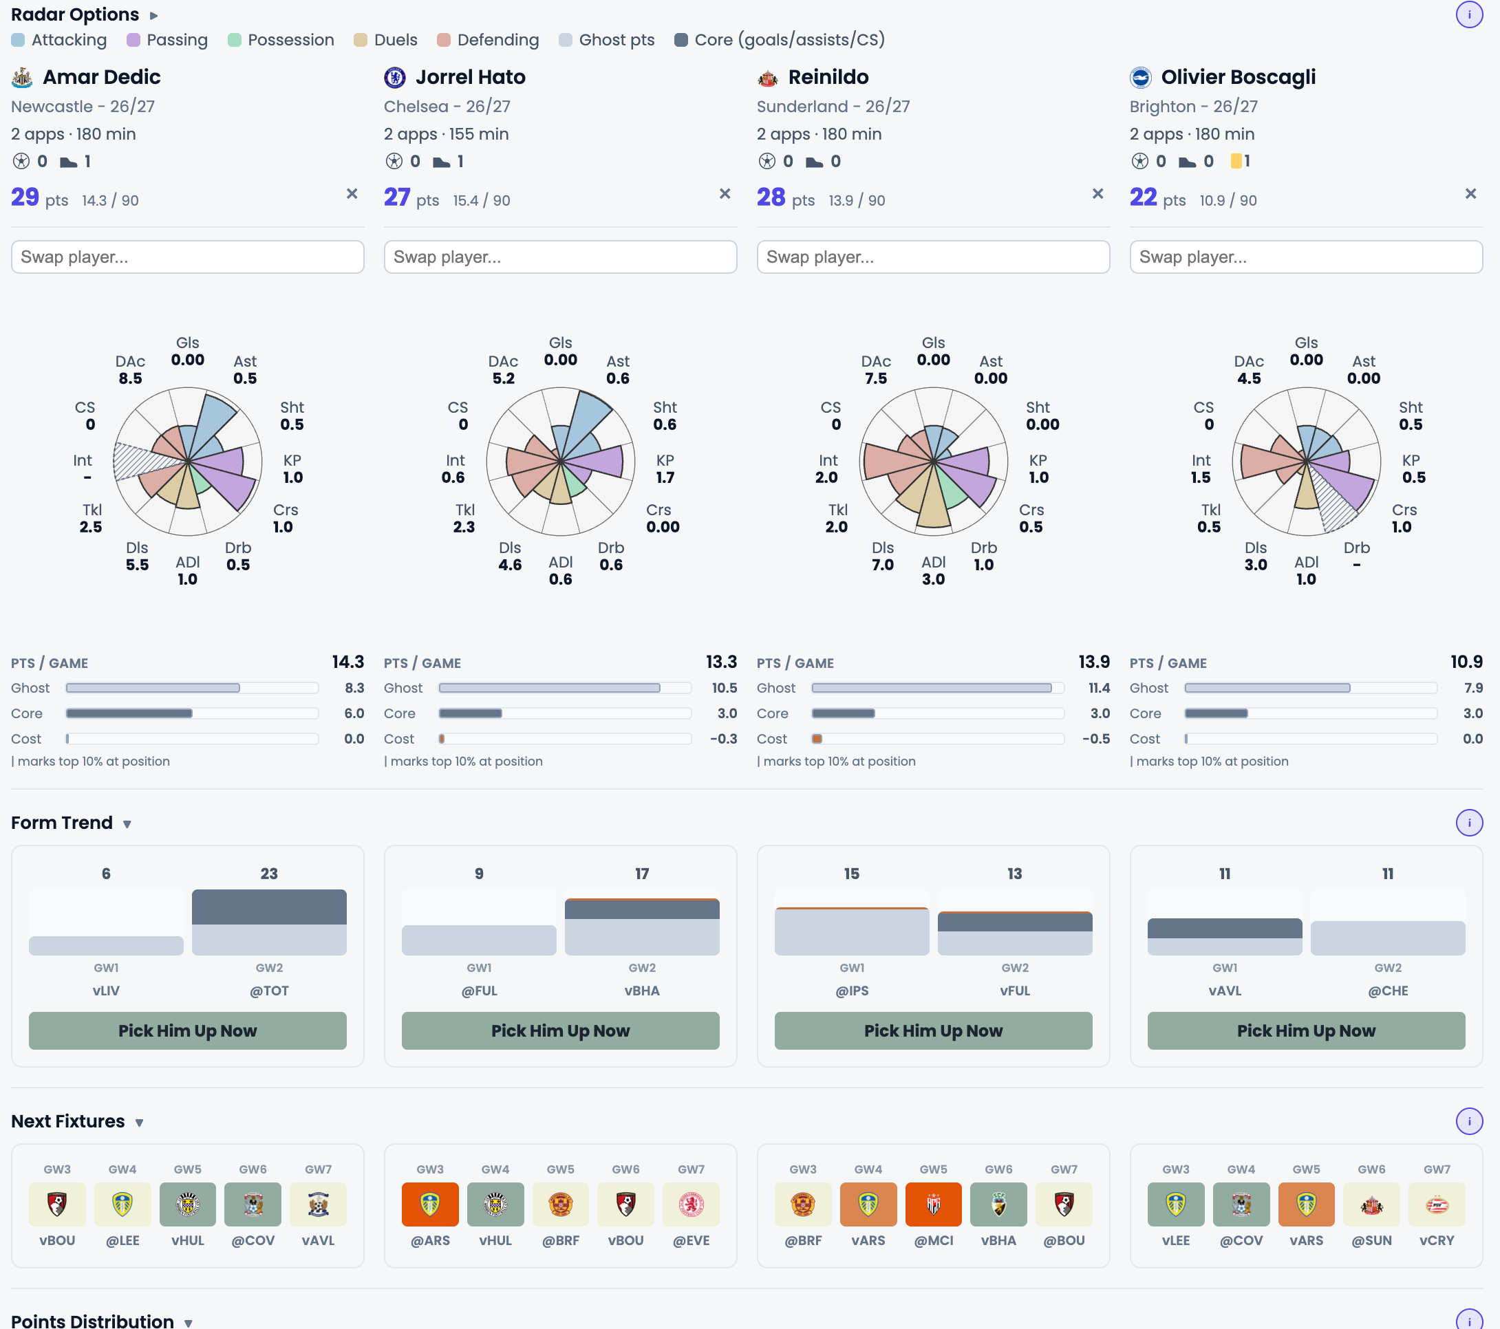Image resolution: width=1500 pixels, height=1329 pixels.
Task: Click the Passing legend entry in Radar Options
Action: coord(167,40)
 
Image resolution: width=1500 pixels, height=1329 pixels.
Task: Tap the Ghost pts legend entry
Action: coord(607,40)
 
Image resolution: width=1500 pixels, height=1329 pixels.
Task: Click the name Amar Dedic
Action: coord(101,77)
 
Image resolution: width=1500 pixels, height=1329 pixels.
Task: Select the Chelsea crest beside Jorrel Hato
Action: coord(395,77)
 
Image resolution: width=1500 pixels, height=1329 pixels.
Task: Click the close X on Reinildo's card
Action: coord(1098,194)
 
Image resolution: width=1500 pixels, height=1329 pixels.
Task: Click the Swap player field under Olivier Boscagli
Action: coord(1306,257)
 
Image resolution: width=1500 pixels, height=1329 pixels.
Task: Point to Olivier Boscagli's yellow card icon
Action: coord(1236,161)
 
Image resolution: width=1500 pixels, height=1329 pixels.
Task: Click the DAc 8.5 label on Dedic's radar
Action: coord(131,370)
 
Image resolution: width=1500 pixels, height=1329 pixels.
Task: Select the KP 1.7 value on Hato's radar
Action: coord(665,469)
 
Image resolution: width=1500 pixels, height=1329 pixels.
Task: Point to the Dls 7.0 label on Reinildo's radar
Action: coord(883,557)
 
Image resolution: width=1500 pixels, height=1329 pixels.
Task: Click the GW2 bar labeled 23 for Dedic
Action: coord(269,922)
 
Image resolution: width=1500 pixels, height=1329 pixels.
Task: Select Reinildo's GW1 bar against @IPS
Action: coord(852,931)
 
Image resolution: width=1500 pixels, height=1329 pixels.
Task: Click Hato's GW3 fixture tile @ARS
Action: coord(430,1204)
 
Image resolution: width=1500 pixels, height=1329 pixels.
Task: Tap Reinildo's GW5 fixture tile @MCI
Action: coord(934,1204)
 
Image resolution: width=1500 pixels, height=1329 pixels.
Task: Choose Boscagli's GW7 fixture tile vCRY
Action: coord(1437,1204)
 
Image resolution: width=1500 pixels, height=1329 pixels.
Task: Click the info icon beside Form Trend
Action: coord(1469,823)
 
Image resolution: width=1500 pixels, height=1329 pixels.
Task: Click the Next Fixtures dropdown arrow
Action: coord(140,1123)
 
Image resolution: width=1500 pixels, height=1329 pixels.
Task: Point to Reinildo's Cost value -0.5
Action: coord(1096,739)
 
